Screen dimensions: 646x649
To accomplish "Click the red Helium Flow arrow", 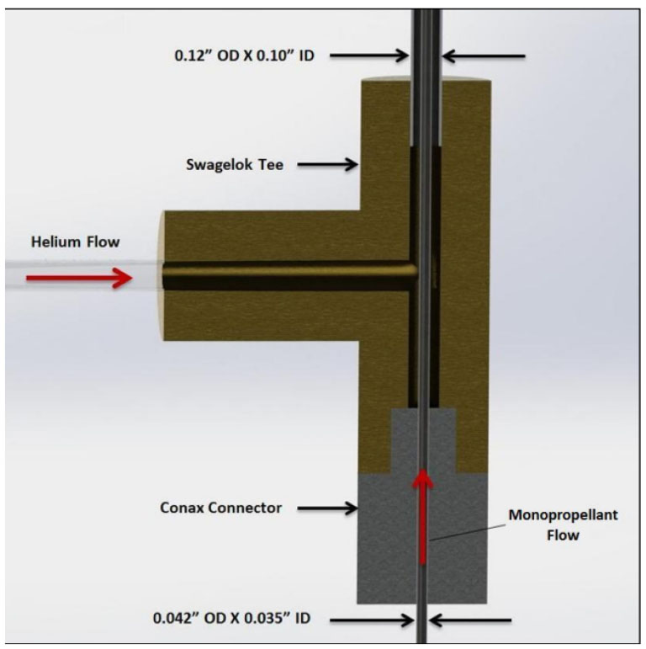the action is (78, 278).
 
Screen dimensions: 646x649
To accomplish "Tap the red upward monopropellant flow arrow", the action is (422, 517).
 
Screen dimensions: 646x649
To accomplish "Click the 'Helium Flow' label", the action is (75, 242).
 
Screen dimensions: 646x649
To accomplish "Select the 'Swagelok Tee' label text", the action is (235, 165).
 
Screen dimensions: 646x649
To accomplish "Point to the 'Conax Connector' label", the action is (221, 508).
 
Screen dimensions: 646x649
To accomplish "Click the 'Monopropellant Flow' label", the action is (563, 524).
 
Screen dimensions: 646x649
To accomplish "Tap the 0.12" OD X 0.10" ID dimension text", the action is (245, 56).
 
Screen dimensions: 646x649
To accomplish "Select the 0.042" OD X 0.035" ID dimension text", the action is (231, 619).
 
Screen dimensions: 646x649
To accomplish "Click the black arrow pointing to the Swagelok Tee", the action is (327, 165).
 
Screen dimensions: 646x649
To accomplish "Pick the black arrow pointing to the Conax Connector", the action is (327, 508).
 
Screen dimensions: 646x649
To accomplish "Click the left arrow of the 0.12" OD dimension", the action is (369, 56).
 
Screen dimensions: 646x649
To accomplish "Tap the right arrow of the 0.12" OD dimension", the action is (484, 56).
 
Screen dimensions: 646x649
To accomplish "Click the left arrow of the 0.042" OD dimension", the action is (373, 620).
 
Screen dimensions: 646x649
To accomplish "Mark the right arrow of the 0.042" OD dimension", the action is (470, 620).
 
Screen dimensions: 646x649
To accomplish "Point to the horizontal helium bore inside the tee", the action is (289, 275).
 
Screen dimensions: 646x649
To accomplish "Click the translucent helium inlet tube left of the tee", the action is (82, 274).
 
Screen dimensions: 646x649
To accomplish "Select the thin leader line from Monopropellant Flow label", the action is (468, 532).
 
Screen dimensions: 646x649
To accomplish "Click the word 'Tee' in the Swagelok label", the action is (272, 165).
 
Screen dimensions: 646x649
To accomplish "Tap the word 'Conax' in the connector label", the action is (183, 508).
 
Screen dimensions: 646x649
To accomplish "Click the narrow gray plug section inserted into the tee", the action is (423, 441).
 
